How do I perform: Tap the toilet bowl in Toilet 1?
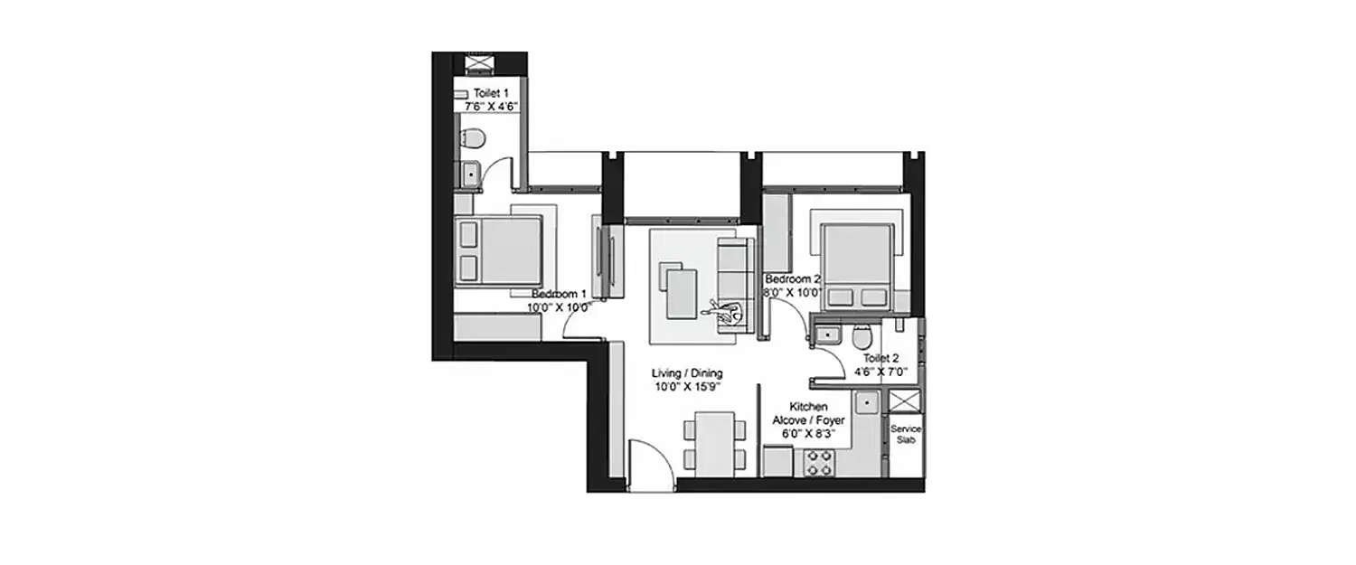[470, 138]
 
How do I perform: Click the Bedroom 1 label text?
[560, 294]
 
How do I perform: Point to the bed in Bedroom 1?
[499, 251]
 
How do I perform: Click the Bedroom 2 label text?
[792, 279]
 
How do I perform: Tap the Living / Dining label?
[687, 373]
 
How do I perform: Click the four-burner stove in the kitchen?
[819, 463]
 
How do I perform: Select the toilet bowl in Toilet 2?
[862, 336]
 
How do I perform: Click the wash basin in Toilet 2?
[825, 335]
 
